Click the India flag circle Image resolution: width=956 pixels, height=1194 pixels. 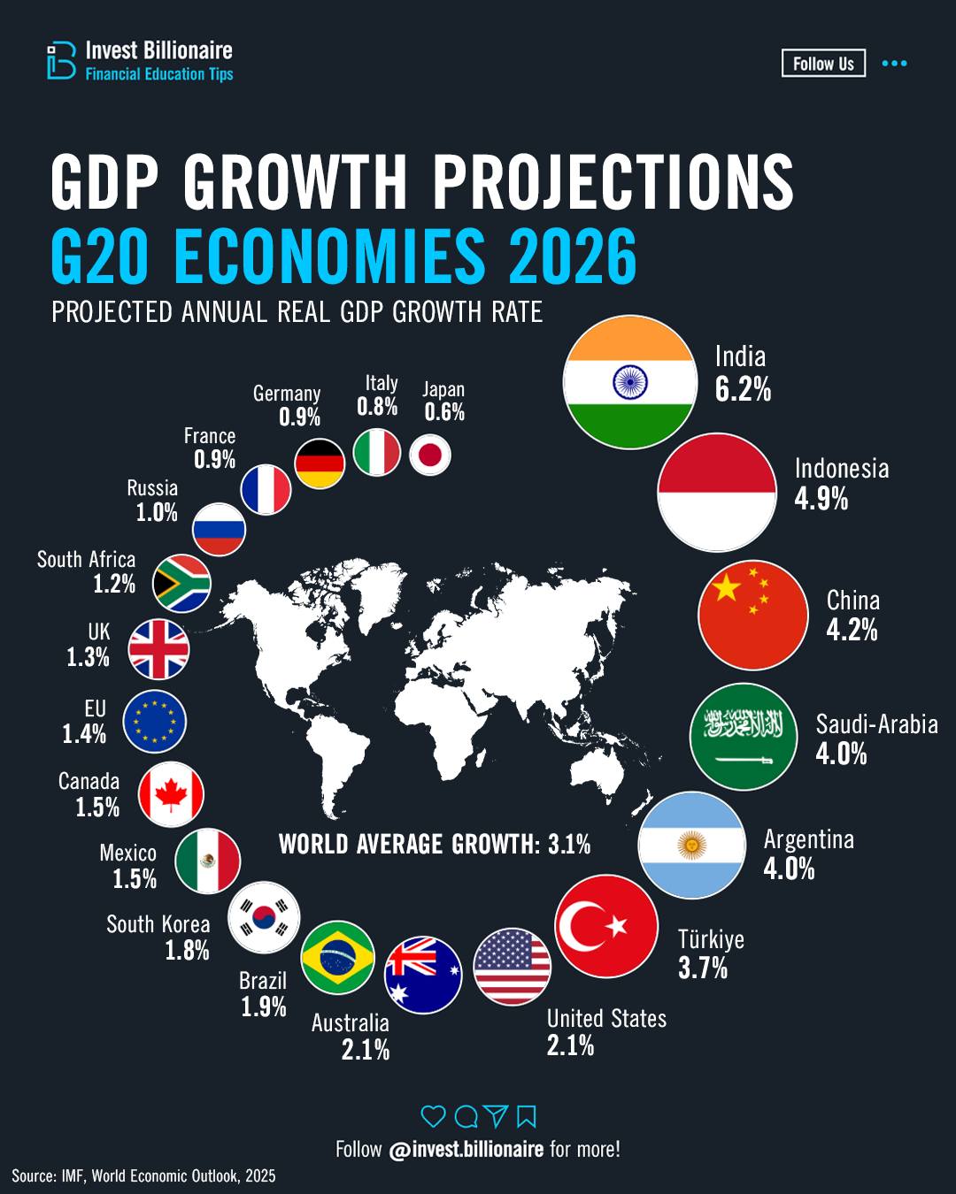[629, 382]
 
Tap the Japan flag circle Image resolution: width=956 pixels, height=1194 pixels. [430, 455]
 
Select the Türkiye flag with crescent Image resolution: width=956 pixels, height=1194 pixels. [606, 926]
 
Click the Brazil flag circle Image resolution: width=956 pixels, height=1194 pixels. [337, 957]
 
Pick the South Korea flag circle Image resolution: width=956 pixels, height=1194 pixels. [264, 917]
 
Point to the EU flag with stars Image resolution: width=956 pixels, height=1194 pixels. [154, 721]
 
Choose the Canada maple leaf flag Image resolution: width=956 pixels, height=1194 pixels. [171, 794]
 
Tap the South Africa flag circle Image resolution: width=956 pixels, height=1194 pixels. [181, 584]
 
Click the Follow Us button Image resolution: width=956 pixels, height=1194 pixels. [823, 64]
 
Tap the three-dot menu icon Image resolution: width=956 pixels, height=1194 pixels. [894, 64]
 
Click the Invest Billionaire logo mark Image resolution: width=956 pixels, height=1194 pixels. [61, 60]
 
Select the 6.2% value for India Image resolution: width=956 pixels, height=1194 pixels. [743, 389]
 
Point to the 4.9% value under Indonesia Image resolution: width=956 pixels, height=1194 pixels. [821, 499]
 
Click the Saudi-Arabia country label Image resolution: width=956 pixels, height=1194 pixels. [876, 724]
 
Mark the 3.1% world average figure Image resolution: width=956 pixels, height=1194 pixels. [569, 844]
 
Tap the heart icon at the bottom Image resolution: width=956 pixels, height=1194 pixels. [433, 1116]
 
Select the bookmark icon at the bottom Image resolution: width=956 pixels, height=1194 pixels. [527, 1116]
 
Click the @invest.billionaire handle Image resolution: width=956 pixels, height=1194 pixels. [466, 1149]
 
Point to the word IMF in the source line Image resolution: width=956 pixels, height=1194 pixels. [73, 1175]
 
